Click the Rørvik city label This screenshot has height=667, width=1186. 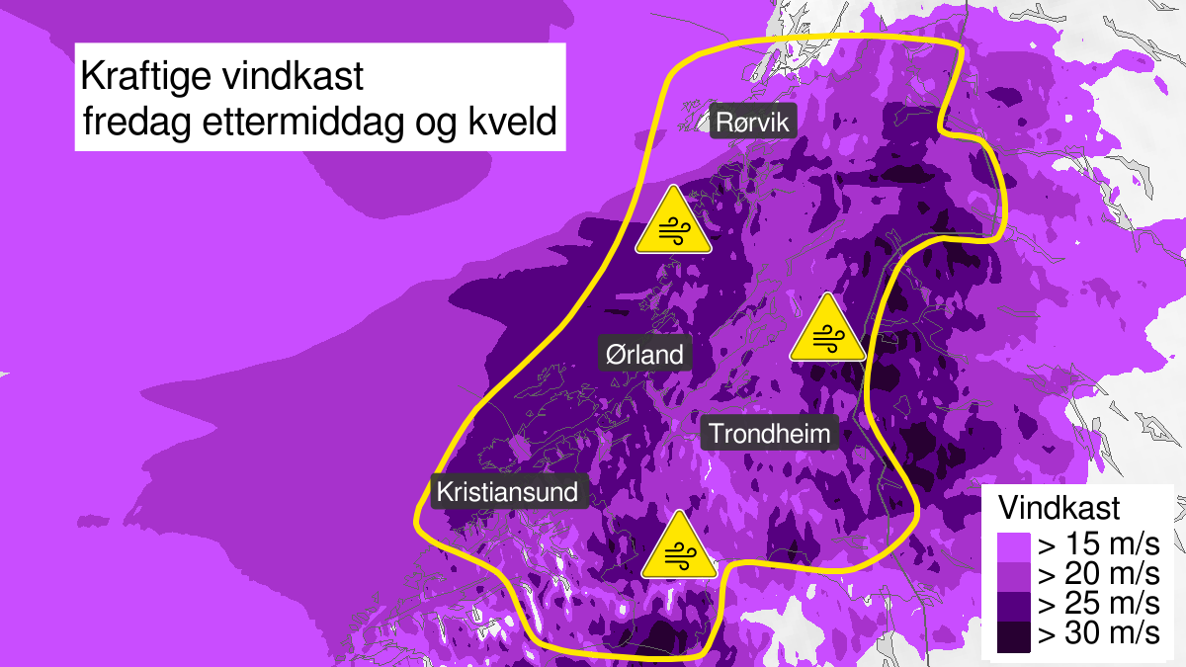[753, 123]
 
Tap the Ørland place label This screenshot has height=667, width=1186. [645, 353]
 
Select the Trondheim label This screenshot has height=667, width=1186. [770, 433]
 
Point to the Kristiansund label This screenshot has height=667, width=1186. [511, 491]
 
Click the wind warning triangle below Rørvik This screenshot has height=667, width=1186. [674, 222]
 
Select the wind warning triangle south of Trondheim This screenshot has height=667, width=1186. [678, 547]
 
